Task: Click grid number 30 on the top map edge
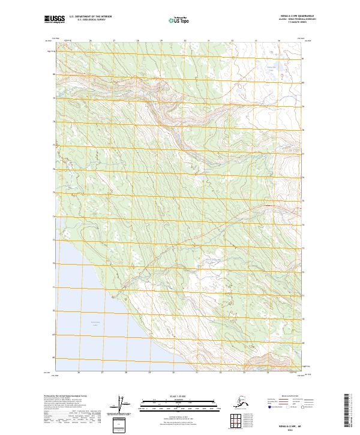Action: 185,41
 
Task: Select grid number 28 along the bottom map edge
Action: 127,373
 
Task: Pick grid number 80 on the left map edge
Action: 54,75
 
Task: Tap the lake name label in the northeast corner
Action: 270,69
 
